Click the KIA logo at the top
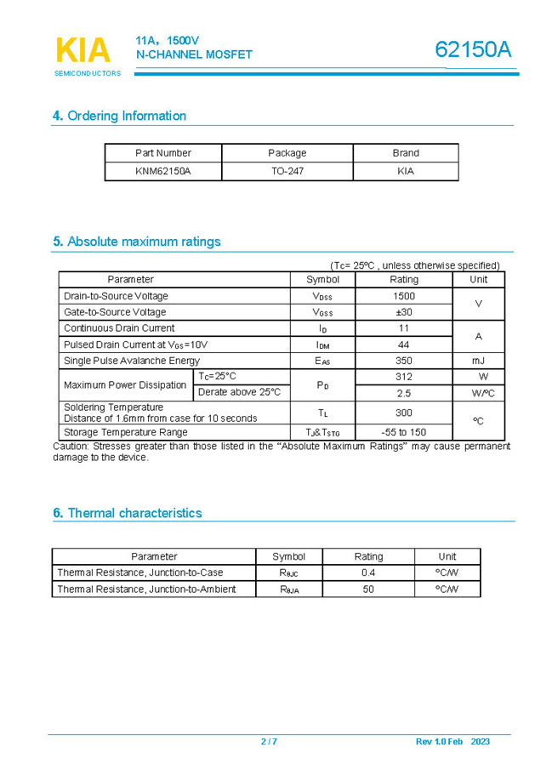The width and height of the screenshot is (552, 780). pyautogui.click(x=83, y=50)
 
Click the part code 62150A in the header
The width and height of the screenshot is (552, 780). pyautogui.click(x=473, y=50)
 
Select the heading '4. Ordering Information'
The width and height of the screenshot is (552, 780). pyautogui.click(x=119, y=116)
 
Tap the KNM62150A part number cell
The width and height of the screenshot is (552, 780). pyautogui.click(x=163, y=171)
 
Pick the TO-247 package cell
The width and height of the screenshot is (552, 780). pyautogui.click(x=287, y=171)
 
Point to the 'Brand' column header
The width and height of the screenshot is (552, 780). pyautogui.click(x=406, y=153)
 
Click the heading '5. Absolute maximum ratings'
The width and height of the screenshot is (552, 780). pyautogui.click(x=136, y=242)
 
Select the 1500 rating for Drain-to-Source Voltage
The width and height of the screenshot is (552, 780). pyautogui.click(x=404, y=296)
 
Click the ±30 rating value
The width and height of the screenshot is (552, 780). pyautogui.click(x=404, y=312)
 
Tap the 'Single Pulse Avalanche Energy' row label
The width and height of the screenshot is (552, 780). pyautogui.click(x=132, y=361)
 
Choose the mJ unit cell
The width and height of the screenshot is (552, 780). pyautogui.click(x=479, y=361)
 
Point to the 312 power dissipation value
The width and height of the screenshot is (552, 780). pyautogui.click(x=404, y=376)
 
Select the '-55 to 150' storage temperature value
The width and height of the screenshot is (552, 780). pyautogui.click(x=404, y=432)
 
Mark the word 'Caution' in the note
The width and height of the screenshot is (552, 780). pyautogui.click(x=70, y=446)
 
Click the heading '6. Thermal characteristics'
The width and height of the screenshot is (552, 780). pyautogui.click(x=128, y=513)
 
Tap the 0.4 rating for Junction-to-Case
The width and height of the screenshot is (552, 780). pyautogui.click(x=368, y=572)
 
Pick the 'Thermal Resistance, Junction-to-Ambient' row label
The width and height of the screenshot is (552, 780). pyautogui.click(x=146, y=589)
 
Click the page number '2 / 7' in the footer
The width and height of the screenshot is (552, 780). pyautogui.click(x=269, y=742)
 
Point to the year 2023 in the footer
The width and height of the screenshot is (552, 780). pyautogui.click(x=480, y=742)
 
